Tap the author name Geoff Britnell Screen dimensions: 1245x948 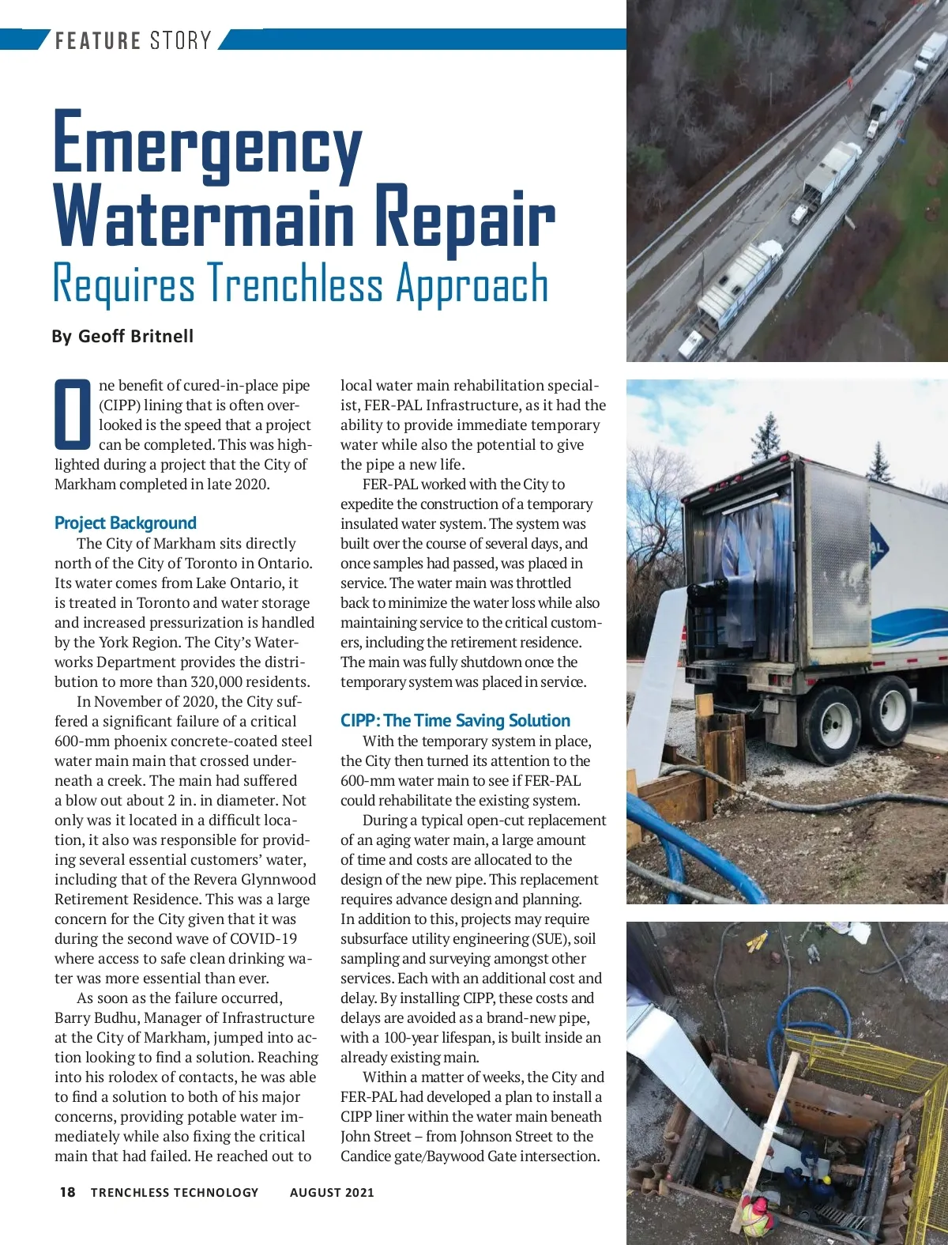135,336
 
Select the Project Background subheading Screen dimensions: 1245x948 125,523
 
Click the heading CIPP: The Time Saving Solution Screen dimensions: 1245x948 455,720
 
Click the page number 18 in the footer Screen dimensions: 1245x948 68,1192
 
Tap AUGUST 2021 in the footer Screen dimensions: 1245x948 332,1192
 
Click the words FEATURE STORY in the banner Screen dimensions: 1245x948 133,40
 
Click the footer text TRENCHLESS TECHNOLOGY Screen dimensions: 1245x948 175,1192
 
